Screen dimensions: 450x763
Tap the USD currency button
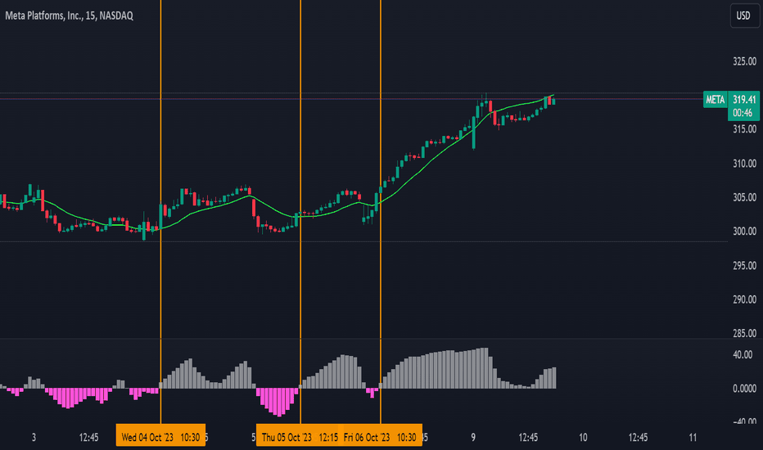(743, 16)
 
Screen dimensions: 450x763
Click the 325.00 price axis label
(743, 62)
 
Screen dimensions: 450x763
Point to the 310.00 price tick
(743, 164)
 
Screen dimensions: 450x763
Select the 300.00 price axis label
(743, 232)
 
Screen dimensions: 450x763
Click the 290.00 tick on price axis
(743, 299)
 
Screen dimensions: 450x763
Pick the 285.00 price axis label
(743, 333)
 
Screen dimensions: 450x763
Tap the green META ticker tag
(715, 100)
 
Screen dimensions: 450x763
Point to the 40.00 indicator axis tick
(743, 354)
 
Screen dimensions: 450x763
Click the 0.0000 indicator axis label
(743, 389)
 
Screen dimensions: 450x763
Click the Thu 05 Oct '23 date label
(287, 437)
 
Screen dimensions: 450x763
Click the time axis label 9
(473, 437)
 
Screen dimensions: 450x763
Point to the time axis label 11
(693, 437)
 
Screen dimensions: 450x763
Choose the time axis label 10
(583, 437)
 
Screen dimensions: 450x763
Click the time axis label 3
(34, 437)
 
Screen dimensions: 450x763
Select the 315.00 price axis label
(743, 129)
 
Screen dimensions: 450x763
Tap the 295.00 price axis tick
(743, 265)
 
